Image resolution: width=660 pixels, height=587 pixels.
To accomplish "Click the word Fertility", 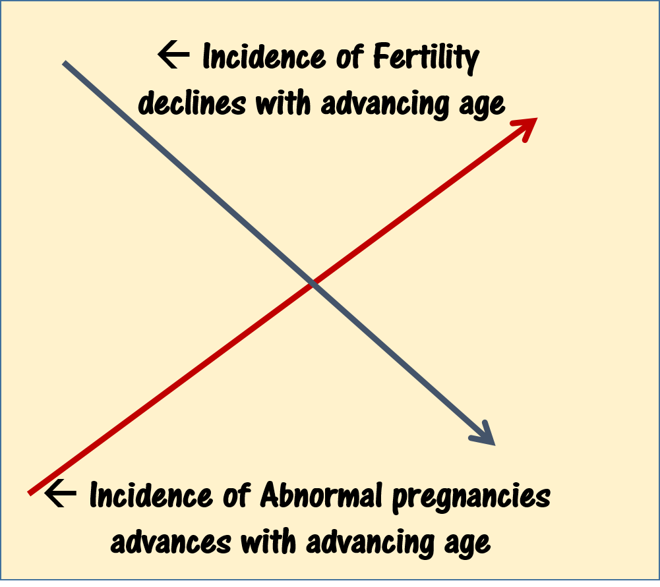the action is pyautogui.click(x=426, y=57).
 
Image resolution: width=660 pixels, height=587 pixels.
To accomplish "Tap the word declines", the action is pyautogui.click(x=192, y=103).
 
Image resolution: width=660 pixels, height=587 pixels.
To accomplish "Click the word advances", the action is pyautogui.click(x=171, y=542).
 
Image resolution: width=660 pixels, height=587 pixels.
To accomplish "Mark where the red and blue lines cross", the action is pyautogui.click(x=313, y=285).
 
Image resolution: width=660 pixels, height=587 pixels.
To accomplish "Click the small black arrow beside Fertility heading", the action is pyautogui.click(x=173, y=54).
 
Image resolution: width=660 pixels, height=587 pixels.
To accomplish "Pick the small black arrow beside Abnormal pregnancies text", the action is pyautogui.click(x=60, y=493).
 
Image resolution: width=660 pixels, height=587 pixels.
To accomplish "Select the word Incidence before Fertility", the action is pyautogui.click(x=264, y=56).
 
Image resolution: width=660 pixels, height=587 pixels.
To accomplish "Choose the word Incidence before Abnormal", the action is pyautogui.click(x=151, y=495).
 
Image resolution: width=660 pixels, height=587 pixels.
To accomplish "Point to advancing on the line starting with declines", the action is pyautogui.click(x=385, y=103).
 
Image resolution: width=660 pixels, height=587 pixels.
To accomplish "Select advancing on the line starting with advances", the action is pyautogui.click(x=371, y=542).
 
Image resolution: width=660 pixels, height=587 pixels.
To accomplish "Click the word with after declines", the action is pyautogui.click(x=284, y=102).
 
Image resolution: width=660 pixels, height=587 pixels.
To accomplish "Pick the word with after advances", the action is pyautogui.click(x=268, y=541).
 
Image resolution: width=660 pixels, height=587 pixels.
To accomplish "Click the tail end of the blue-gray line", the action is pyautogui.click(x=63, y=63).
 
